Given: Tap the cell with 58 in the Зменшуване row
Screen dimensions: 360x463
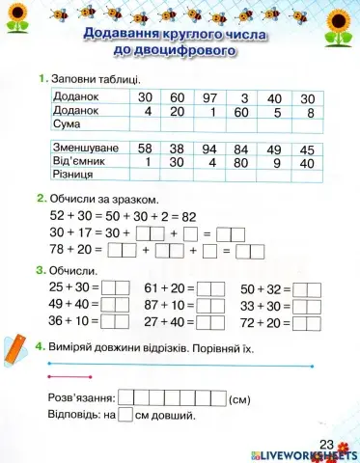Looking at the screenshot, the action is click(146, 149).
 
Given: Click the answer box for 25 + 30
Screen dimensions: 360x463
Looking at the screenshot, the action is click(115, 287).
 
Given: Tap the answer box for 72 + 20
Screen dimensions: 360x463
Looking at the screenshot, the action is click(306, 321).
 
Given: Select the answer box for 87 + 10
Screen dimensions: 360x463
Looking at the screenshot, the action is click(210, 305).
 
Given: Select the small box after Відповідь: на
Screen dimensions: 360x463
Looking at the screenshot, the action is click(125, 416).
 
